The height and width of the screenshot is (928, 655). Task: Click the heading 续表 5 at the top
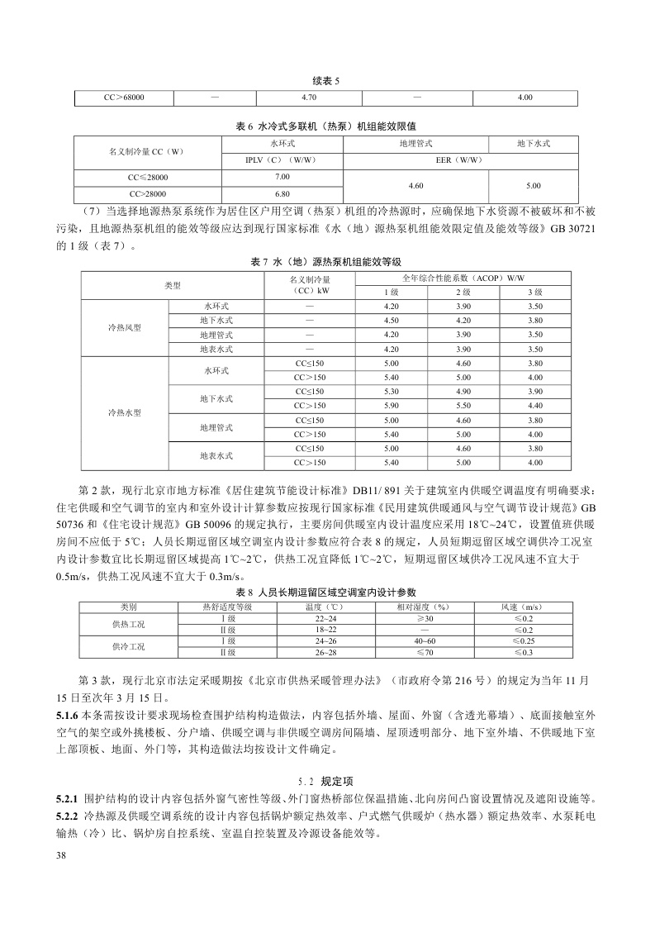[327, 80]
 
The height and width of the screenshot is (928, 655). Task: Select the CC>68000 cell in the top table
[125, 98]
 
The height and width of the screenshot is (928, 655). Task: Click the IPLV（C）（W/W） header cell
[282, 159]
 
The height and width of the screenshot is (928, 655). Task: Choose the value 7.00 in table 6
[282, 177]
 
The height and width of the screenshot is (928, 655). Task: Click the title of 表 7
[326, 261]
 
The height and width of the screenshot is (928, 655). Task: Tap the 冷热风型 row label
[125, 329]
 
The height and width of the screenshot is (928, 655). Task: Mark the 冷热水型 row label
[125, 412]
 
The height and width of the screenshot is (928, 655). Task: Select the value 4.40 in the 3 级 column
[534, 406]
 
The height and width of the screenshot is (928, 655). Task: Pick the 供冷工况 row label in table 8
[128, 646]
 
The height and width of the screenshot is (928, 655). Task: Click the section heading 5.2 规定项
[326, 779]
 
